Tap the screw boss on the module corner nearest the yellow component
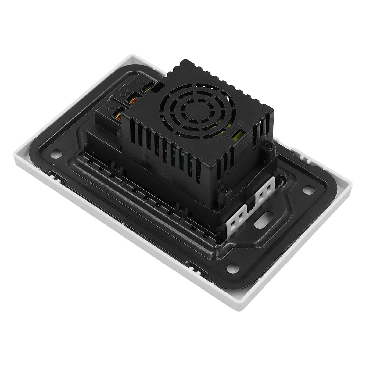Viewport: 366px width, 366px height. point(268,148)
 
